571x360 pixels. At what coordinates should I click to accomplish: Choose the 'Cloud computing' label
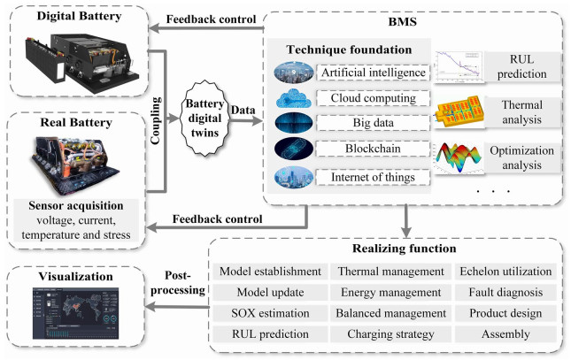[x=372, y=97]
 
